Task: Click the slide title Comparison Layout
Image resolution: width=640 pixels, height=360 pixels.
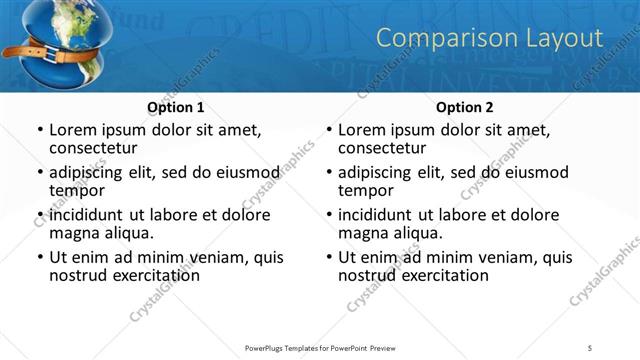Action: coord(489,38)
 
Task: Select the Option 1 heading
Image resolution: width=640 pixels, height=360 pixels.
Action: coord(176,107)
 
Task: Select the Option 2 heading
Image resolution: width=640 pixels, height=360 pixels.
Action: coord(465,107)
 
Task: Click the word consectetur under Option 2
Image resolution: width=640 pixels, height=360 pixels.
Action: coord(387,148)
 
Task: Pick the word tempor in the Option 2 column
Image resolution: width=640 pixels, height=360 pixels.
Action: coord(366,191)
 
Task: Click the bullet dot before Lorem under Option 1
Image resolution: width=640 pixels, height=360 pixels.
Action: coord(39,131)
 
